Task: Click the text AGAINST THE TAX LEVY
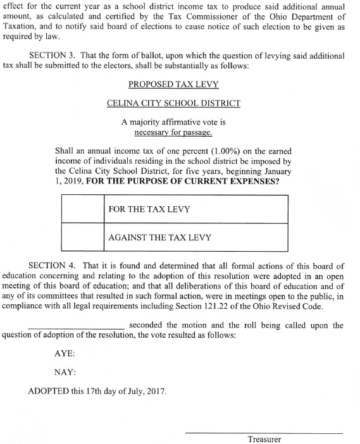point(160,238)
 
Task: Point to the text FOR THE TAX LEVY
point(149,209)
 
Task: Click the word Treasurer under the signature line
point(264,439)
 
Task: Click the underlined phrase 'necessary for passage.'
point(173,133)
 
